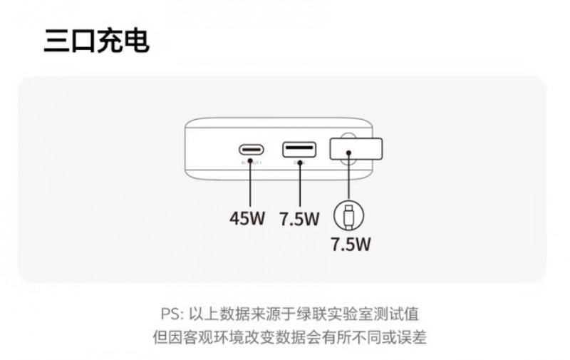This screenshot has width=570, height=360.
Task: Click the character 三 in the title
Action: pyautogui.click(x=56, y=41)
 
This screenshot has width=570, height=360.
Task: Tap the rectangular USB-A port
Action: pyautogui.click(x=299, y=150)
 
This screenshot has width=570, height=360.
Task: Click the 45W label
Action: pyautogui.click(x=247, y=217)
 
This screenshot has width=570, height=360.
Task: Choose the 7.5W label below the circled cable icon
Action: pyautogui.click(x=351, y=245)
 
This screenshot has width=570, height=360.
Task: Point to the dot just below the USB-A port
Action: pyautogui.click(x=299, y=163)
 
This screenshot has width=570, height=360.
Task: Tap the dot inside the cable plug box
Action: pyautogui.click(x=348, y=151)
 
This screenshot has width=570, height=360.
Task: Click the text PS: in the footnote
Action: pyautogui.click(x=173, y=314)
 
